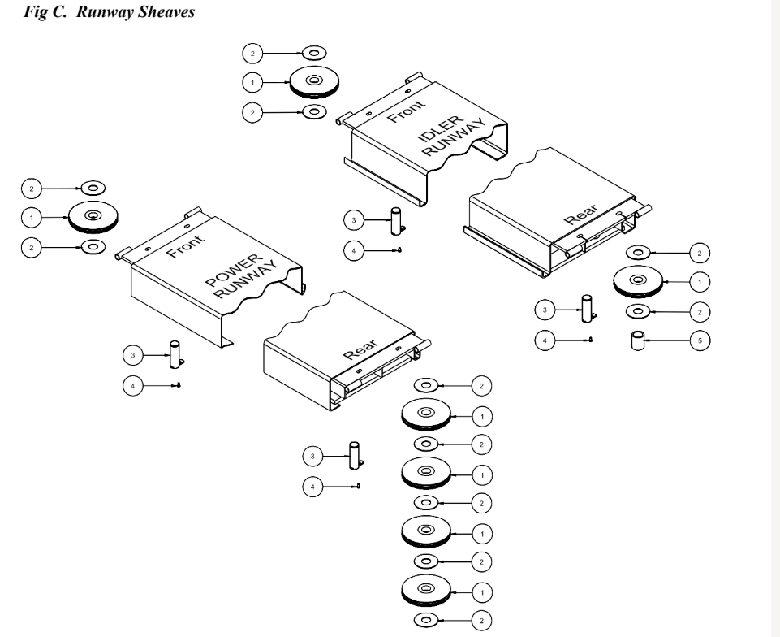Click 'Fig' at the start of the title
pos(35,12)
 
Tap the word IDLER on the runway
pos(440,128)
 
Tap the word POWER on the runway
pos(233,271)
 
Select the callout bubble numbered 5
pos(700,340)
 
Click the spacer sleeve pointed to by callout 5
pos(638,340)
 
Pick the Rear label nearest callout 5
pos(581,214)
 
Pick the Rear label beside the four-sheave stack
pos(360,349)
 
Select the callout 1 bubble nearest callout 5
pos(700,282)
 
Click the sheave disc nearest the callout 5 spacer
pos(638,281)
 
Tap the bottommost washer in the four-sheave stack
pos(426,620)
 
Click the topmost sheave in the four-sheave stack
pos(426,414)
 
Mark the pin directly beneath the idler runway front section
pos(396,221)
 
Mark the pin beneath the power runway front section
pos(175,354)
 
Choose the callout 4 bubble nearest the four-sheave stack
pos(312,487)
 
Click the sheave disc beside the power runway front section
pos(93,217)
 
